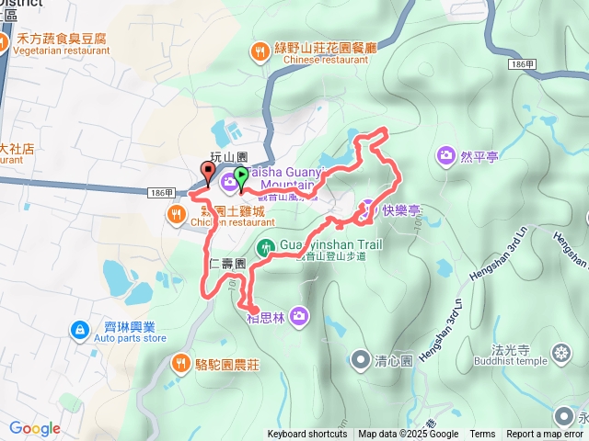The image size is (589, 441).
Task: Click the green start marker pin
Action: [241, 176]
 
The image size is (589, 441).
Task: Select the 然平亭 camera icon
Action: [446, 155]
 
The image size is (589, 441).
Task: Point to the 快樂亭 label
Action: [402, 209]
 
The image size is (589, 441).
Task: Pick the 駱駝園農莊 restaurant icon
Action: [181, 362]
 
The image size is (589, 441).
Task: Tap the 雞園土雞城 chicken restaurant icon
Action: [176, 215]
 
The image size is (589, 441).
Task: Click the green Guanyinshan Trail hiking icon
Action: [265, 246]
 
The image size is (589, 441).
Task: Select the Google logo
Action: [35, 428]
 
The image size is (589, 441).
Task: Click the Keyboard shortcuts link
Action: [307, 435]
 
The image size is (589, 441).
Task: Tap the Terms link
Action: [482, 435]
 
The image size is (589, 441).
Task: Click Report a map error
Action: [545, 435]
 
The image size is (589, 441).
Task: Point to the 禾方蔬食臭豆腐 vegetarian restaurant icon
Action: [4, 42]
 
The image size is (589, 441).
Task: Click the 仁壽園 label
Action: [226, 263]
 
